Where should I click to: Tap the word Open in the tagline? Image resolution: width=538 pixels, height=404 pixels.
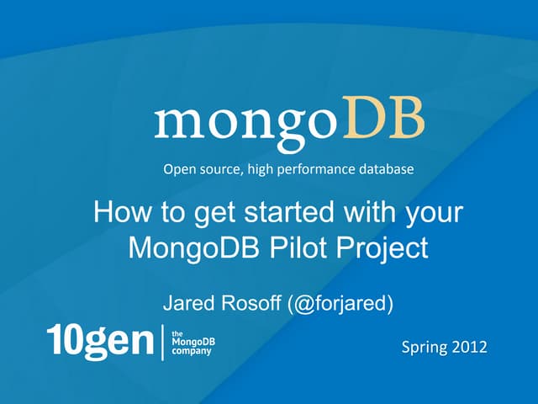(x=178, y=170)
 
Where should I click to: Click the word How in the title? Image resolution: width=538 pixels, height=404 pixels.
(x=117, y=211)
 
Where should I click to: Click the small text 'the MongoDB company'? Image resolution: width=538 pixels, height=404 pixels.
(x=191, y=343)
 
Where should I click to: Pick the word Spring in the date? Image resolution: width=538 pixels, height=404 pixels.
(x=425, y=348)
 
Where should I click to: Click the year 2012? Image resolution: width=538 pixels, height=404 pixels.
(x=469, y=347)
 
